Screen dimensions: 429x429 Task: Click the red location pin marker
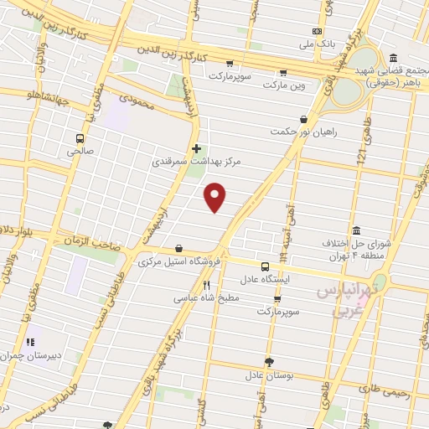216,198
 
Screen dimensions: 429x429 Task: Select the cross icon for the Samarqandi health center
196,148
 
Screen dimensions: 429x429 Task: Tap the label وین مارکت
285,85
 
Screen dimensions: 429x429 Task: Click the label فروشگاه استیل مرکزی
178,261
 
